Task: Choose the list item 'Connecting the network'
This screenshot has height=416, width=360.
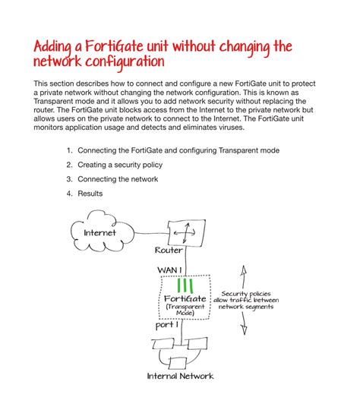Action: pos(118,179)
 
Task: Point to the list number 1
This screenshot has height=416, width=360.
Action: pos(69,150)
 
